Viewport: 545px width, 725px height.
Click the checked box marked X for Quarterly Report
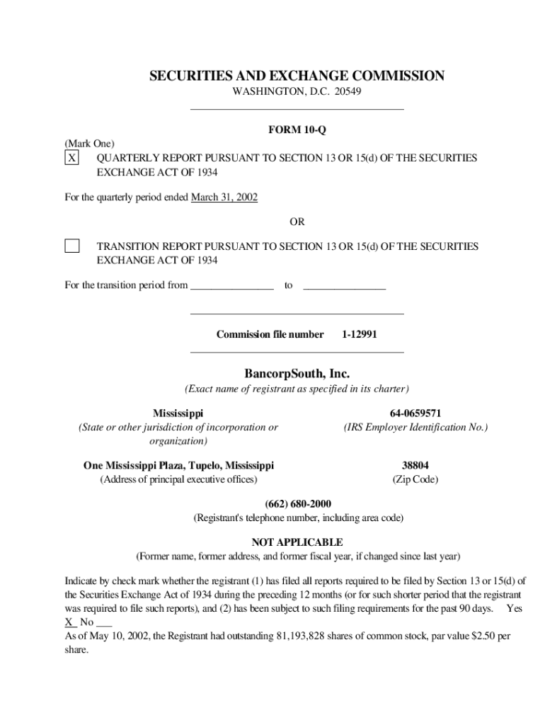pyautogui.click(x=71, y=158)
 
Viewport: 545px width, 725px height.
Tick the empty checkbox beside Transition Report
pyautogui.click(x=71, y=246)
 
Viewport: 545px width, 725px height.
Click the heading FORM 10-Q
pyautogui.click(x=297, y=130)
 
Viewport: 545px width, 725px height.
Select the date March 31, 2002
pyautogui.click(x=224, y=198)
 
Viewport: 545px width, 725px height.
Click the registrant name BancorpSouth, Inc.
pyautogui.click(x=297, y=373)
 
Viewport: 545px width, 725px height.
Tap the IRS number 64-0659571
pyautogui.click(x=415, y=413)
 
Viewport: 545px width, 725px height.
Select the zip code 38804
pyautogui.click(x=415, y=465)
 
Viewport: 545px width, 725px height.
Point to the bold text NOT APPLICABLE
pyautogui.click(x=297, y=542)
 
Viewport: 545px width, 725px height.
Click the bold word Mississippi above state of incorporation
pyautogui.click(x=178, y=413)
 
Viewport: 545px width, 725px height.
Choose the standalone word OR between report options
pyautogui.click(x=297, y=222)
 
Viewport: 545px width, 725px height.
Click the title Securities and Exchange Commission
pyautogui.click(x=297, y=76)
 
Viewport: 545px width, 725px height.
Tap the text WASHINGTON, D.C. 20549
pyautogui.click(x=297, y=93)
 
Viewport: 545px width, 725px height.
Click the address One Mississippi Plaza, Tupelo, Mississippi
pyautogui.click(x=178, y=465)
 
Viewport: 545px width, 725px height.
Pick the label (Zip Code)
pyautogui.click(x=415, y=479)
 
